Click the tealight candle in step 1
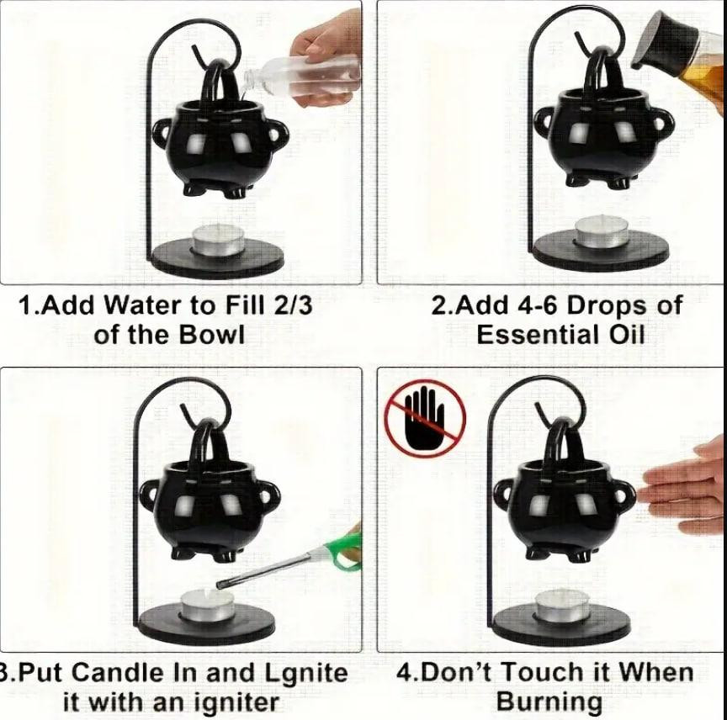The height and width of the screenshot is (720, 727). pyautogui.click(x=217, y=239)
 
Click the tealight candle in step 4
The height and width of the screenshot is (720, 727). pyautogui.click(x=561, y=605)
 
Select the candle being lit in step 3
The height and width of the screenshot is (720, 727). pyautogui.click(x=207, y=605)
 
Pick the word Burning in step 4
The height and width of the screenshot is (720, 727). pyautogui.click(x=549, y=701)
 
